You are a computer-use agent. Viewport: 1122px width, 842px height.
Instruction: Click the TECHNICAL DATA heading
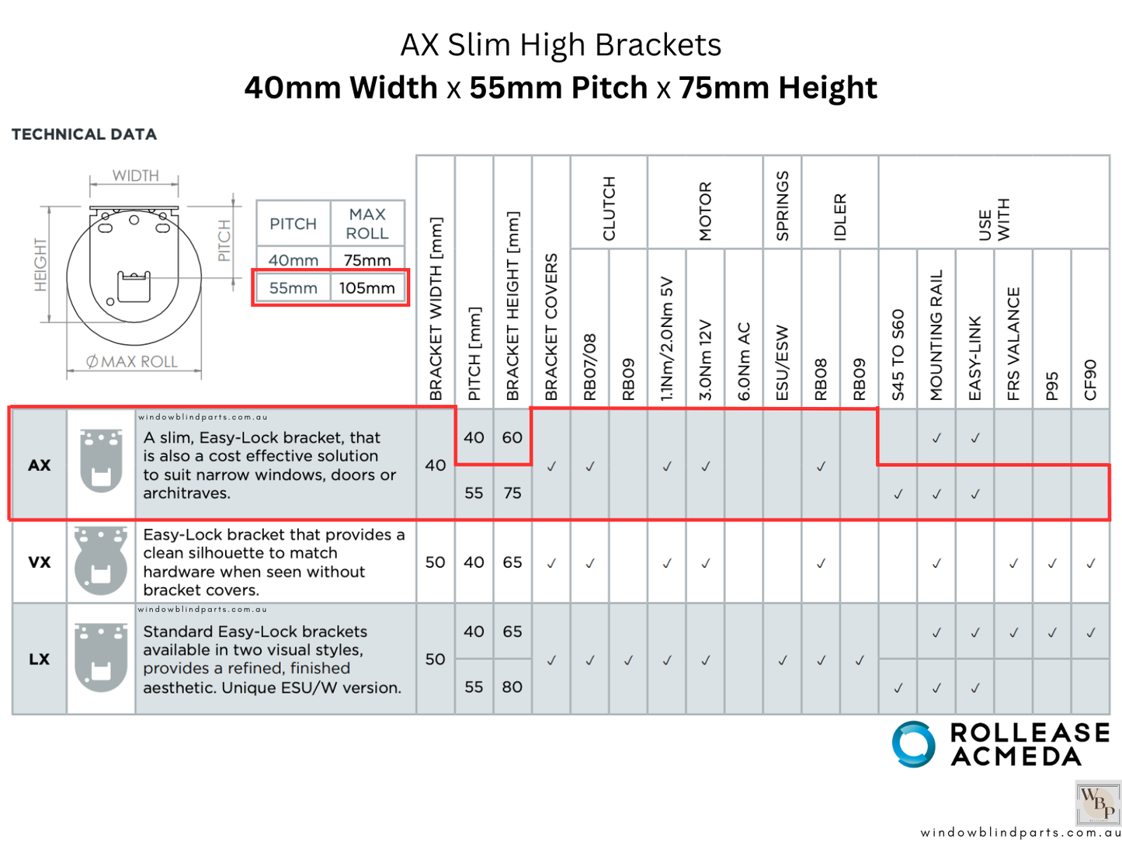[84, 134]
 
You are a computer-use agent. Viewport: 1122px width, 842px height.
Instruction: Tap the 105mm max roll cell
[366, 288]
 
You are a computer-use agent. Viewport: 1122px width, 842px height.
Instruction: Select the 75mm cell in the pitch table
[366, 259]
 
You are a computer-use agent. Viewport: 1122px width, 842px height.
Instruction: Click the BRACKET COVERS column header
[551, 326]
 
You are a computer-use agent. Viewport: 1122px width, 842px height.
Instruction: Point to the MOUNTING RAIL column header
[936, 335]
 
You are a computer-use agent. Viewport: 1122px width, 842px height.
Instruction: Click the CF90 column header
[1090, 379]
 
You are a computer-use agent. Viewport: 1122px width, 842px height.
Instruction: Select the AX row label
[39, 465]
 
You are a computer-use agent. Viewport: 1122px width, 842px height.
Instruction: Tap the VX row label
[39, 562]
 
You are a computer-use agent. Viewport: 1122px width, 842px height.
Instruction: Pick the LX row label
[39, 659]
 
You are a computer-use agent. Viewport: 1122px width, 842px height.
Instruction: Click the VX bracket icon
[101, 562]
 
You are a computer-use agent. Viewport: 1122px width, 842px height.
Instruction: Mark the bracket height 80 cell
[512, 687]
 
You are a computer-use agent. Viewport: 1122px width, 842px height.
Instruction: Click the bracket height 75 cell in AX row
[512, 493]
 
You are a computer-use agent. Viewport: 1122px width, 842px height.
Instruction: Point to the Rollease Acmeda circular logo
[913, 744]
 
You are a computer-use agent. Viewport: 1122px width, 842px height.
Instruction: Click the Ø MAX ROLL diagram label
[132, 362]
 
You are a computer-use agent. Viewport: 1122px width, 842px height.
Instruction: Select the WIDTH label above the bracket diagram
[135, 176]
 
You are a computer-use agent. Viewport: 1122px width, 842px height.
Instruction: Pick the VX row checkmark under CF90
[1090, 563]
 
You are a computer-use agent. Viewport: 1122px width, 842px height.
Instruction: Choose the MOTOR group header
[705, 211]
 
